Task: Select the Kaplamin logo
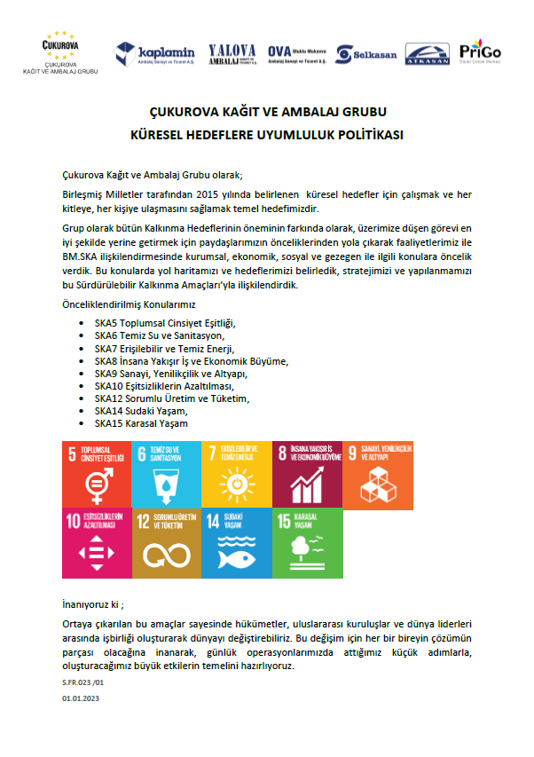click(154, 54)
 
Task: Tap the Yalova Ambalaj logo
click(232, 53)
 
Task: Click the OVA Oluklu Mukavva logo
click(298, 53)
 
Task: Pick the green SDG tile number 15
click(306, 542)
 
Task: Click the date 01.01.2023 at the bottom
click(82, 699)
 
